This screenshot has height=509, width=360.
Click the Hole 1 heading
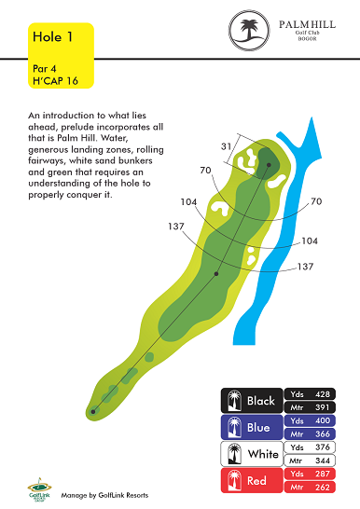pos(52,36)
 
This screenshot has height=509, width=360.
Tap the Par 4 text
pos(44,69)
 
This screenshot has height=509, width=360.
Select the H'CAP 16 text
pos(55,81)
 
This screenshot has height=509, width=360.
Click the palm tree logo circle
pos(249,30)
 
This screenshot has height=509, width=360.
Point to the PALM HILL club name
pos(307,24)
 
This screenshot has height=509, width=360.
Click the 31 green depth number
pos(226,146)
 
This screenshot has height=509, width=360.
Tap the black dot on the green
pos(269,165)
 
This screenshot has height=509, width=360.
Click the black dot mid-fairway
pos(216,274)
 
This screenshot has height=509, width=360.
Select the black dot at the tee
pos(93,412)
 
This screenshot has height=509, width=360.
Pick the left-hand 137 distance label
pos(176,226)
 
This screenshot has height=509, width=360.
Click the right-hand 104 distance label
pos(310,241)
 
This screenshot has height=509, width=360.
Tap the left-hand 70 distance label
pos(205,170)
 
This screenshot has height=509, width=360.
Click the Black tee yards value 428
pos(323,394)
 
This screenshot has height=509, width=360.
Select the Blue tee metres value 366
pos(323,434)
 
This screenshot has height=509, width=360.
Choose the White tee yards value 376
pos(323,447)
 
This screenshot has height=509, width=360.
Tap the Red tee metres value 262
pos(323,488)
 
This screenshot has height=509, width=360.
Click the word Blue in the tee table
pos(258,428)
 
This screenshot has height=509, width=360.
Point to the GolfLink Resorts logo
pos(39,490)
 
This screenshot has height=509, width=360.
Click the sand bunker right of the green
pos(277,181)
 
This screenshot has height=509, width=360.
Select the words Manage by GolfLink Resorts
pos(104,495)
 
